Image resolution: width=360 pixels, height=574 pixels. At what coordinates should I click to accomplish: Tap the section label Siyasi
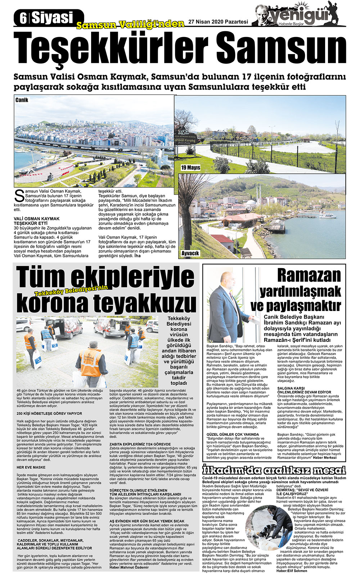(52, 18)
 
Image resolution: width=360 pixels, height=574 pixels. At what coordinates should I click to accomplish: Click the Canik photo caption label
(22, 100)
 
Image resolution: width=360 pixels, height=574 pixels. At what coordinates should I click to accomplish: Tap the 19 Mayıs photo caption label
(191, 168)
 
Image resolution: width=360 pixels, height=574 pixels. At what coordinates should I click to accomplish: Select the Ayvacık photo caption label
(190, 253)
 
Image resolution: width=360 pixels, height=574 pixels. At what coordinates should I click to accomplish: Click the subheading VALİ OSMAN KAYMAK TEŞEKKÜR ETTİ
(37, 221)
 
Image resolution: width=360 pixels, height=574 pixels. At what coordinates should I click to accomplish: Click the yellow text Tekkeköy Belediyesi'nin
(76, 290)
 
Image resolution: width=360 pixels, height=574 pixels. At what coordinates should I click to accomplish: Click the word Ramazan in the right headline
(309, 276)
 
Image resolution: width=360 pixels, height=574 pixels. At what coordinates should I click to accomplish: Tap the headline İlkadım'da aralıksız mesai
(274, 470)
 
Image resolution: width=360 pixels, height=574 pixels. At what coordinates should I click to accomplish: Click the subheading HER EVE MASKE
(31, 467)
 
